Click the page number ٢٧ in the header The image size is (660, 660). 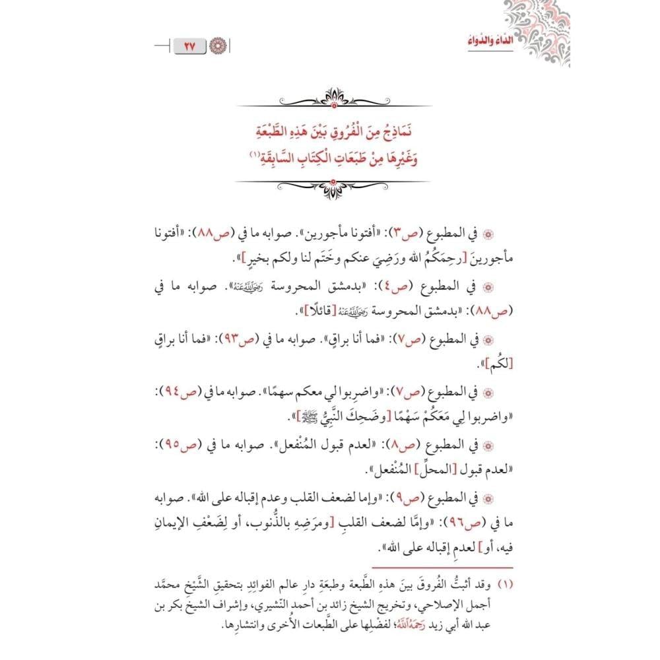[x=191, y=47]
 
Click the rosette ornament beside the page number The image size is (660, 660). [x=218, y=47]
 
